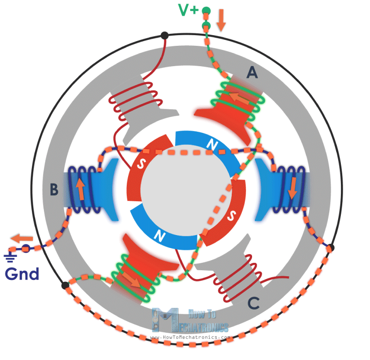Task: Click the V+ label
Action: pyautogui.click(x=188, y=9)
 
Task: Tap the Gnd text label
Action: pyautogui.click(x=22, y=274)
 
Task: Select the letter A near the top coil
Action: pyautogui.click(x=252, y=72)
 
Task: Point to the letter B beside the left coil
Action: pyautogui.click(x=55, y=189)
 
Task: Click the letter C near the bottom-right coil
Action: pyautogui.click(x=253, y=303)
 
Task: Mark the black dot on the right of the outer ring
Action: pyautogui.click(x=330, y=248)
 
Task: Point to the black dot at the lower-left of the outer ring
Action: pyautogui.click(x=65, y=285)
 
